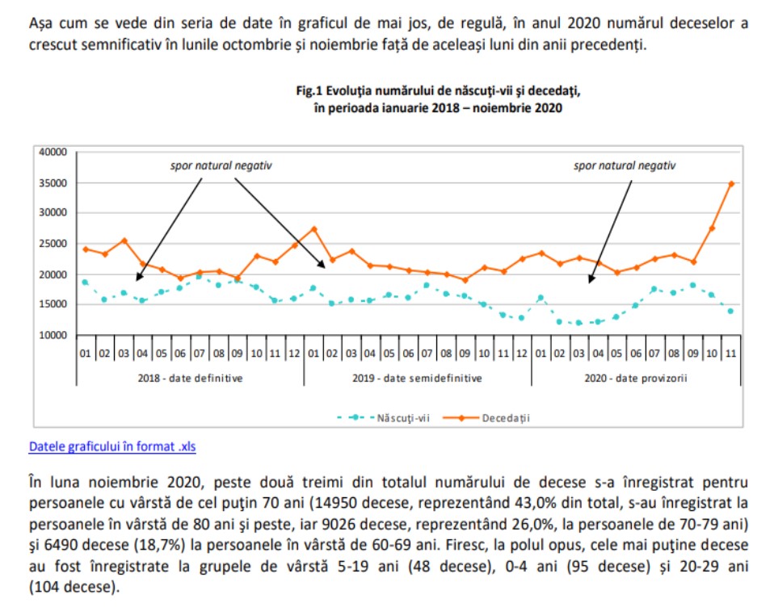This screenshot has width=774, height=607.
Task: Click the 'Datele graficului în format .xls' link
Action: (x=112, y=446)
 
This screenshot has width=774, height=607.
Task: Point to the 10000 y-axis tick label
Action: (x=52, y=335)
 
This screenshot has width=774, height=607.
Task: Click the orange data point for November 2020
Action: (x=731, y=183)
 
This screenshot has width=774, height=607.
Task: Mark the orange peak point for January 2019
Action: (x=313, y=228)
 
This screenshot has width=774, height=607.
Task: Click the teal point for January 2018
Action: (x=85, y=282)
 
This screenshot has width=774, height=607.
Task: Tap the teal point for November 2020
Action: (x=731, y=311)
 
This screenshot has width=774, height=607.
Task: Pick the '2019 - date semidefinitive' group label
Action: (x=417, y=378)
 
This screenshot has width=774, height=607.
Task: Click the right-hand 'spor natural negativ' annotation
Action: (x=624, y=165)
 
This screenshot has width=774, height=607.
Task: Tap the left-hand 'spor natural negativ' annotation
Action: (x=221, y=165)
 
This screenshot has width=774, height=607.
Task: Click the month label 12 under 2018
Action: (x=294, y=354)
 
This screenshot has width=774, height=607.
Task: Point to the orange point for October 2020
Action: (x=712, y=228)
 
